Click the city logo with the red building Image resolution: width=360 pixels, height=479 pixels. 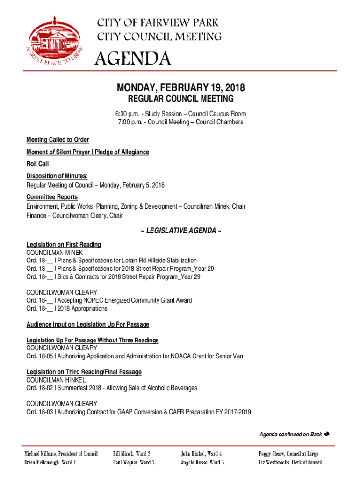54,41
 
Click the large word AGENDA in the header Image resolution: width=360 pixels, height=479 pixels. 133,59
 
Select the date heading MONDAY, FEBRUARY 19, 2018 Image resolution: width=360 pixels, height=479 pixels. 180,88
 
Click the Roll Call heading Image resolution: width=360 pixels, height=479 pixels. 37,164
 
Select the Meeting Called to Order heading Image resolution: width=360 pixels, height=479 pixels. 58,140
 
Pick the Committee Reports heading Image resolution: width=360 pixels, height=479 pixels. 52,197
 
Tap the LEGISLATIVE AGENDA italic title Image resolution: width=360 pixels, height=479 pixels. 180,231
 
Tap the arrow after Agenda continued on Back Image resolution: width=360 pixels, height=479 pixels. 327,435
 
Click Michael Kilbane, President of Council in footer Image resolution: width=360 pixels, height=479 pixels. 61,454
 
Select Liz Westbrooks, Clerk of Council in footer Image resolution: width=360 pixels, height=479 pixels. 290,463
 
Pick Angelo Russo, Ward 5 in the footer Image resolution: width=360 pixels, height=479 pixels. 202,463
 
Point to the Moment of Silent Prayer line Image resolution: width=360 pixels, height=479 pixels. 87,152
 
